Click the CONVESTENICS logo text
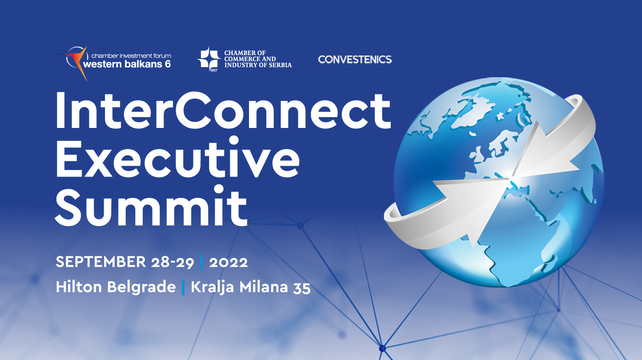click(355, 59)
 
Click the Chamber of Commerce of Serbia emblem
click(209, 59)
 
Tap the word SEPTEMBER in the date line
click(101, 262)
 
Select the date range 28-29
click(173, 262)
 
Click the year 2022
click(229, 262)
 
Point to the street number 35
click(302, 288)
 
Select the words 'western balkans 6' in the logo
click(127, 64)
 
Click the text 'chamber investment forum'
click(131, 56)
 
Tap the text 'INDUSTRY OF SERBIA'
click(258, 65)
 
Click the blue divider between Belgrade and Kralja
click(183, 288)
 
